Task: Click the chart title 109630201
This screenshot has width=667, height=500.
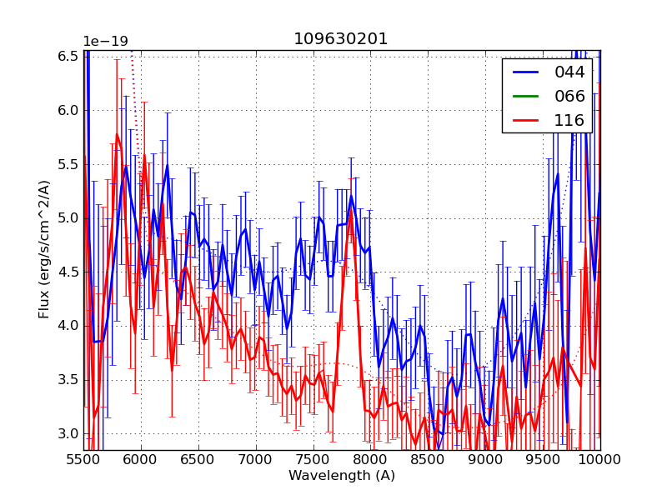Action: tap(340, 39)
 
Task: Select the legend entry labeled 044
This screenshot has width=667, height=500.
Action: tap(570, 72)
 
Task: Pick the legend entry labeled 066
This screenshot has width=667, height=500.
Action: tap(570, 97)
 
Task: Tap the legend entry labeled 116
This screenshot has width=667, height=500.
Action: tap(570, 121)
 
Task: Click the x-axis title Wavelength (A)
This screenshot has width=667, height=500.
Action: tap(342, 476)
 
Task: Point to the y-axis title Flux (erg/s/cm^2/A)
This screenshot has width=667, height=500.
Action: tap(44, 249)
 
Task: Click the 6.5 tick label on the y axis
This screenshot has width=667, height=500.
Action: tap(68, 56)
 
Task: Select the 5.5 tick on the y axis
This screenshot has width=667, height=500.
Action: tap(68, 164)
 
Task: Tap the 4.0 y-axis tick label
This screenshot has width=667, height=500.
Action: tap(68, 326)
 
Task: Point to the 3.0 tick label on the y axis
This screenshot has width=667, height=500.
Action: tap(68, 434)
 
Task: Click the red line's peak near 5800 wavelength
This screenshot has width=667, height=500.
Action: tap(117, 134)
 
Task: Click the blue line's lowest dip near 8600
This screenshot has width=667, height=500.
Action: tap(440, 433)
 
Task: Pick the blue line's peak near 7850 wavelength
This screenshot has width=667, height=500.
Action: tap(351, 197)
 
